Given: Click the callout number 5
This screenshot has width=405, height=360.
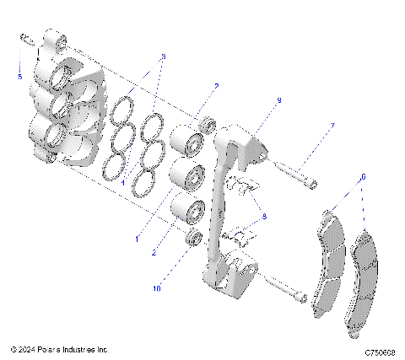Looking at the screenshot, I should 21,77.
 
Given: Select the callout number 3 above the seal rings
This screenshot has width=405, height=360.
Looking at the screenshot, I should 164,56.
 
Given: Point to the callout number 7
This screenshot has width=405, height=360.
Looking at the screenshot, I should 332,126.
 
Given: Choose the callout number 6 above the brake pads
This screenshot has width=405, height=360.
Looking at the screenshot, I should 363,177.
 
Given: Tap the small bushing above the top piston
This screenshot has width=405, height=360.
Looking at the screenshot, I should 205,126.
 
